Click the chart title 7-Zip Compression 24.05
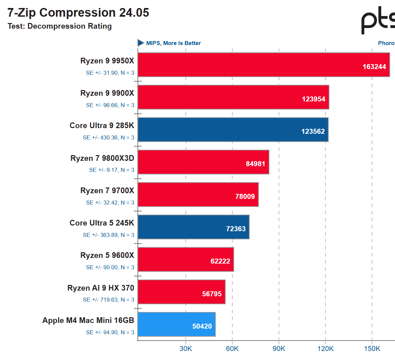click(78, 13)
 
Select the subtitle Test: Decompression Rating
click(60, 26)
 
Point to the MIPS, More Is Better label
click(173, 43)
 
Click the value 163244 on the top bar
click(374, 67)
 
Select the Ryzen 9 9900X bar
click(233, 97)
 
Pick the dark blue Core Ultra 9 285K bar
click(233, 129)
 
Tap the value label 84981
click(255, 164)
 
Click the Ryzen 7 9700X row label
click(107, 191)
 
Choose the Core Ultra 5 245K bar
click(193, 227)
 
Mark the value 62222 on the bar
click(220, 261)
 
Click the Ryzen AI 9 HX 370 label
click(101, 288)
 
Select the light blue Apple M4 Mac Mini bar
click(176, 324)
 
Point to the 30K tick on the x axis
click(186, 349)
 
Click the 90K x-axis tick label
click(279, 349)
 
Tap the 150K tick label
click(372, 349)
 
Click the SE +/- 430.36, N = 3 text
click(109, 137)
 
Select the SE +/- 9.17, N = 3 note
click(112, 170)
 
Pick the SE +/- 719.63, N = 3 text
click(109, 300)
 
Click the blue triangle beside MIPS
click(141, 43)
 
